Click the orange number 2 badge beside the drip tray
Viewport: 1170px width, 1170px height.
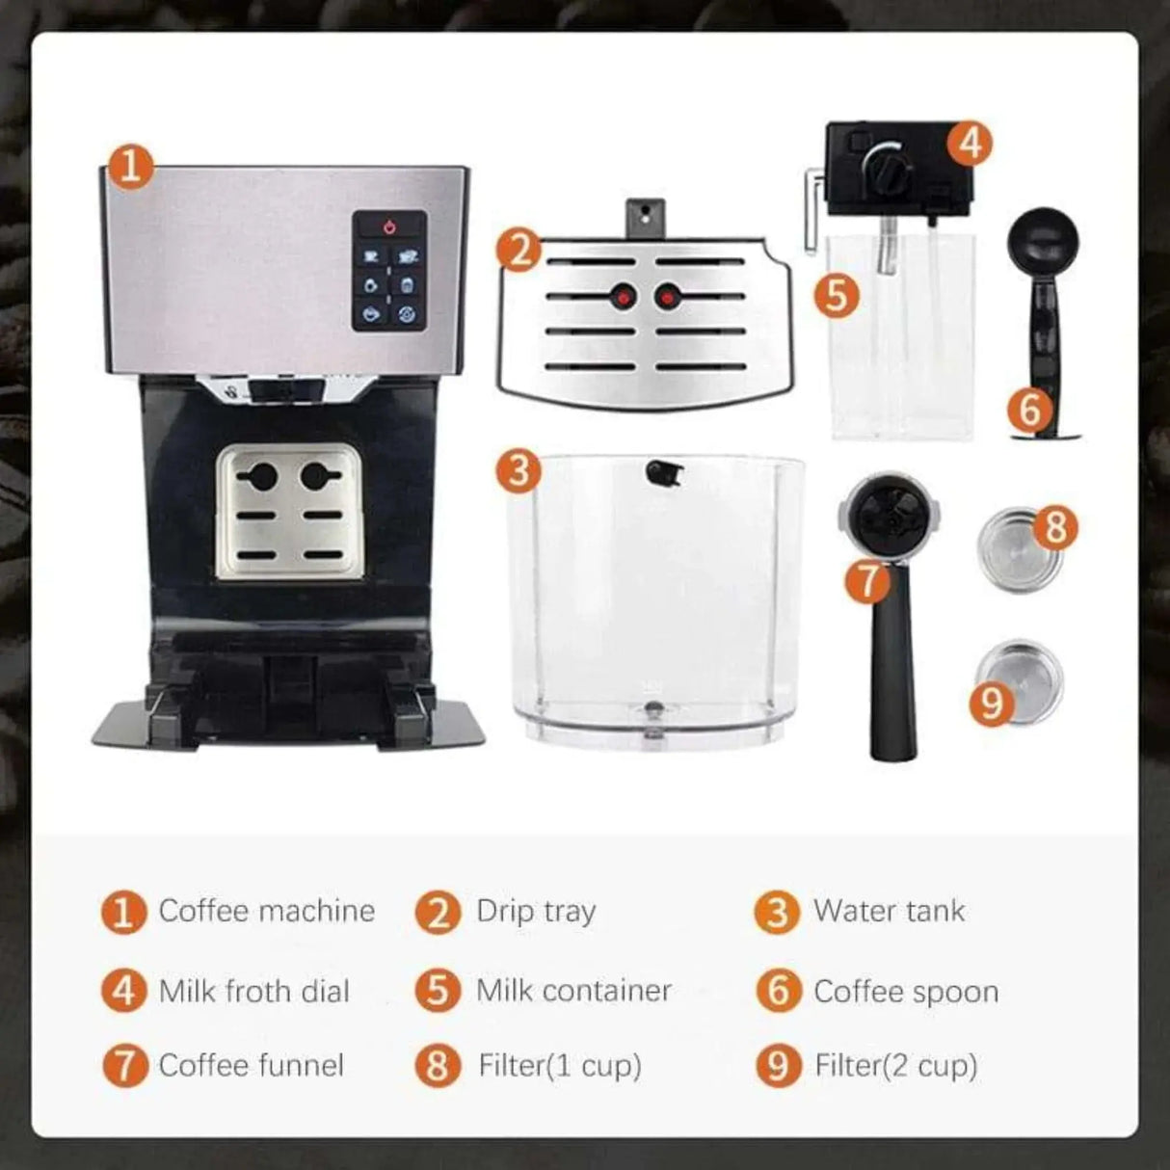[x=520, y=252]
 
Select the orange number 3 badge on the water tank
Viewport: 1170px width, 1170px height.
[x=519, y=471]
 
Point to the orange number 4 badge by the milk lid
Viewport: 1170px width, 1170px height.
[x=970, y=143]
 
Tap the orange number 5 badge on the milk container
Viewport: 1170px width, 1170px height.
[x=837, y=294]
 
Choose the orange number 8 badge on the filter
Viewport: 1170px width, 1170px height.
[x=1055, y=527]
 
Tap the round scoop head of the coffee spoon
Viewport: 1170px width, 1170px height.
[x=1043, y=238]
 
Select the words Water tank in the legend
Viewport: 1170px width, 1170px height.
[x=889, y=911]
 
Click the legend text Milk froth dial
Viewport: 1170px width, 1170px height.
[x=253, y=991]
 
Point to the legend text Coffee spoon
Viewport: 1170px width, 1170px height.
[x=906, y=991]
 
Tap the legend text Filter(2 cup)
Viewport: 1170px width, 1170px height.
[x=896, y=1065]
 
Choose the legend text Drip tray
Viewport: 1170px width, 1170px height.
[x=536, y=911]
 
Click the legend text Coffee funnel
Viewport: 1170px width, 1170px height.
[x=251, y=1065]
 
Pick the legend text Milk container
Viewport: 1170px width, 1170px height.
[x=573, y=991]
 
